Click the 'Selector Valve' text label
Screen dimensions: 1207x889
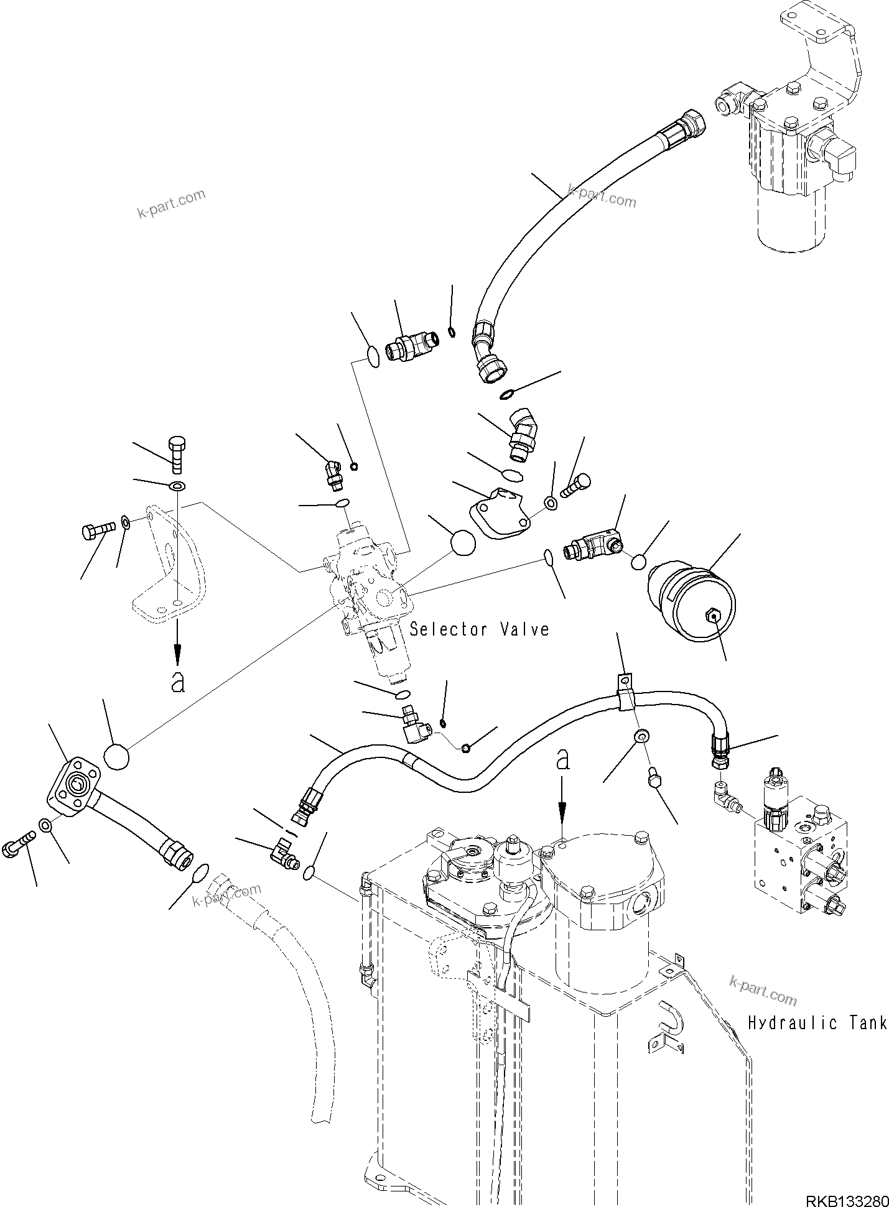(479, 630)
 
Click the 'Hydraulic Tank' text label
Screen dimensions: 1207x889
(817, 1023)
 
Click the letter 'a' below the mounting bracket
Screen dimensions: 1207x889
(178, 682)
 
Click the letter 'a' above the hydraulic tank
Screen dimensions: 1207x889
(563, 759)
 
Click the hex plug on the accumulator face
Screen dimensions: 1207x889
(714, 617)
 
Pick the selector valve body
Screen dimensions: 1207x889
(367, 585)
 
